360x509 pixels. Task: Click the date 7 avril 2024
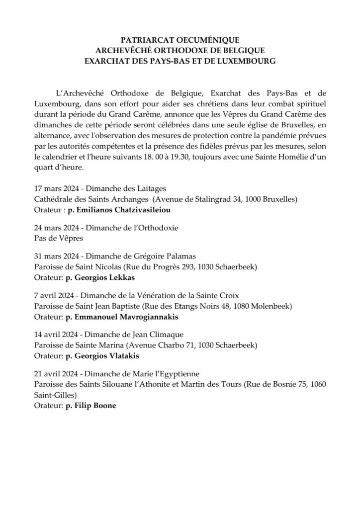point(52,295)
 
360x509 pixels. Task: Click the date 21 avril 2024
point(54,373)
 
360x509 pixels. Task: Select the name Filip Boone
point(94,405)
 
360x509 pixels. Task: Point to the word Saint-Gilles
point(55,394)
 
